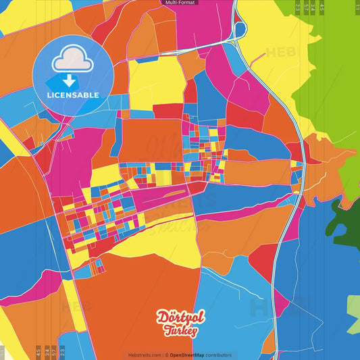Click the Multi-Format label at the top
[180, 3]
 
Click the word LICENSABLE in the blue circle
[72, 95]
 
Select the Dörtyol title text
[179, 317]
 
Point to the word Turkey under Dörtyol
[180, 330]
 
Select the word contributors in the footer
[219, 355]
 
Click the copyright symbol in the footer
[165, 355]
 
